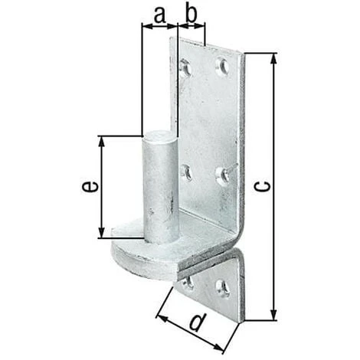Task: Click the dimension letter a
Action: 160,15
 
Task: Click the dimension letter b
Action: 191,13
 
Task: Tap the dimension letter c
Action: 262,187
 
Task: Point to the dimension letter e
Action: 90,186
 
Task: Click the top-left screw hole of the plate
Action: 186,68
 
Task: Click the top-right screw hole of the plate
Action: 222,67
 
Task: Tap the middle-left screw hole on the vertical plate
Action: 187,172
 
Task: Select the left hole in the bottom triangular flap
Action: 188,283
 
